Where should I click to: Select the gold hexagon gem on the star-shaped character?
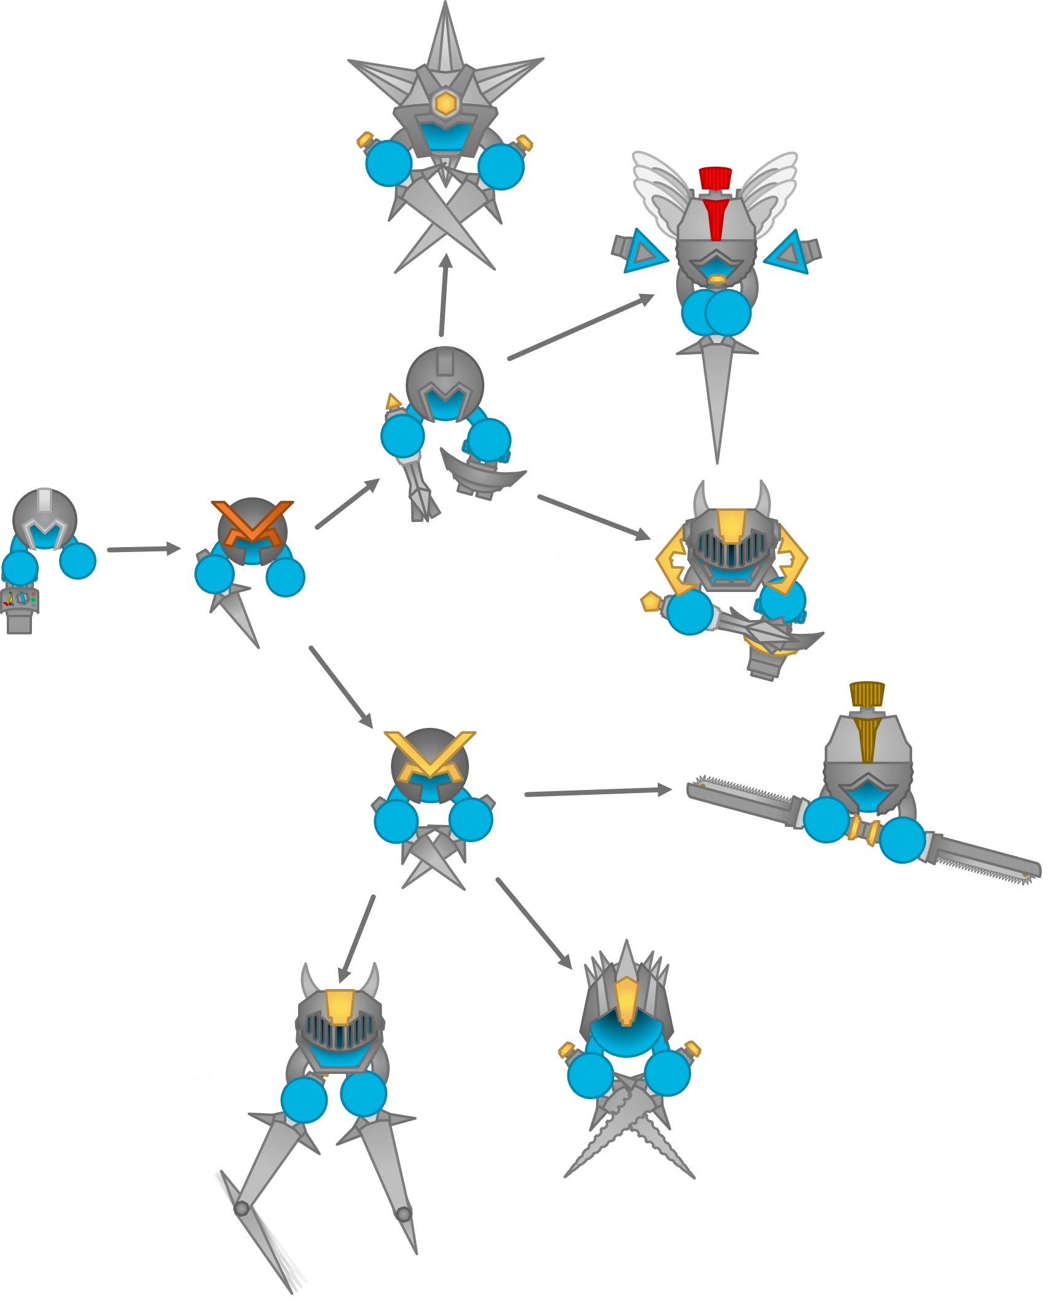click(x=444, y=103)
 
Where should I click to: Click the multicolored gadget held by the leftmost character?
click(x=22, y=599)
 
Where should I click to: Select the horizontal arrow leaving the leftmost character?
click(x=141, y=550)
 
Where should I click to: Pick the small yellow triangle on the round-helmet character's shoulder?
click(x=391, y=402)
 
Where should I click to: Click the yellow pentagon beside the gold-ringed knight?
click(x=649, y=601)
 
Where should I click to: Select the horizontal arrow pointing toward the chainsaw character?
click(x=596, y=794)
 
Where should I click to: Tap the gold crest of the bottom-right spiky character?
click(x=626, y=1000)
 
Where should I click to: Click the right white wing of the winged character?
click(x=771, y=184)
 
